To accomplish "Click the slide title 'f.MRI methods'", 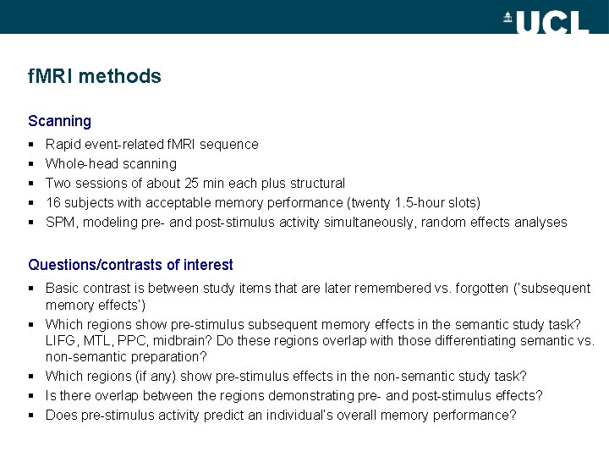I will (x=94, y=76).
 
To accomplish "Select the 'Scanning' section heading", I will (x=59, y=121).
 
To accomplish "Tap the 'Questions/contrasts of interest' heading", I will (x=130, y=265).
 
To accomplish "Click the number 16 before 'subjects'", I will (x=52, y=202).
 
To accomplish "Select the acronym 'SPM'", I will (x=60, y=222).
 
